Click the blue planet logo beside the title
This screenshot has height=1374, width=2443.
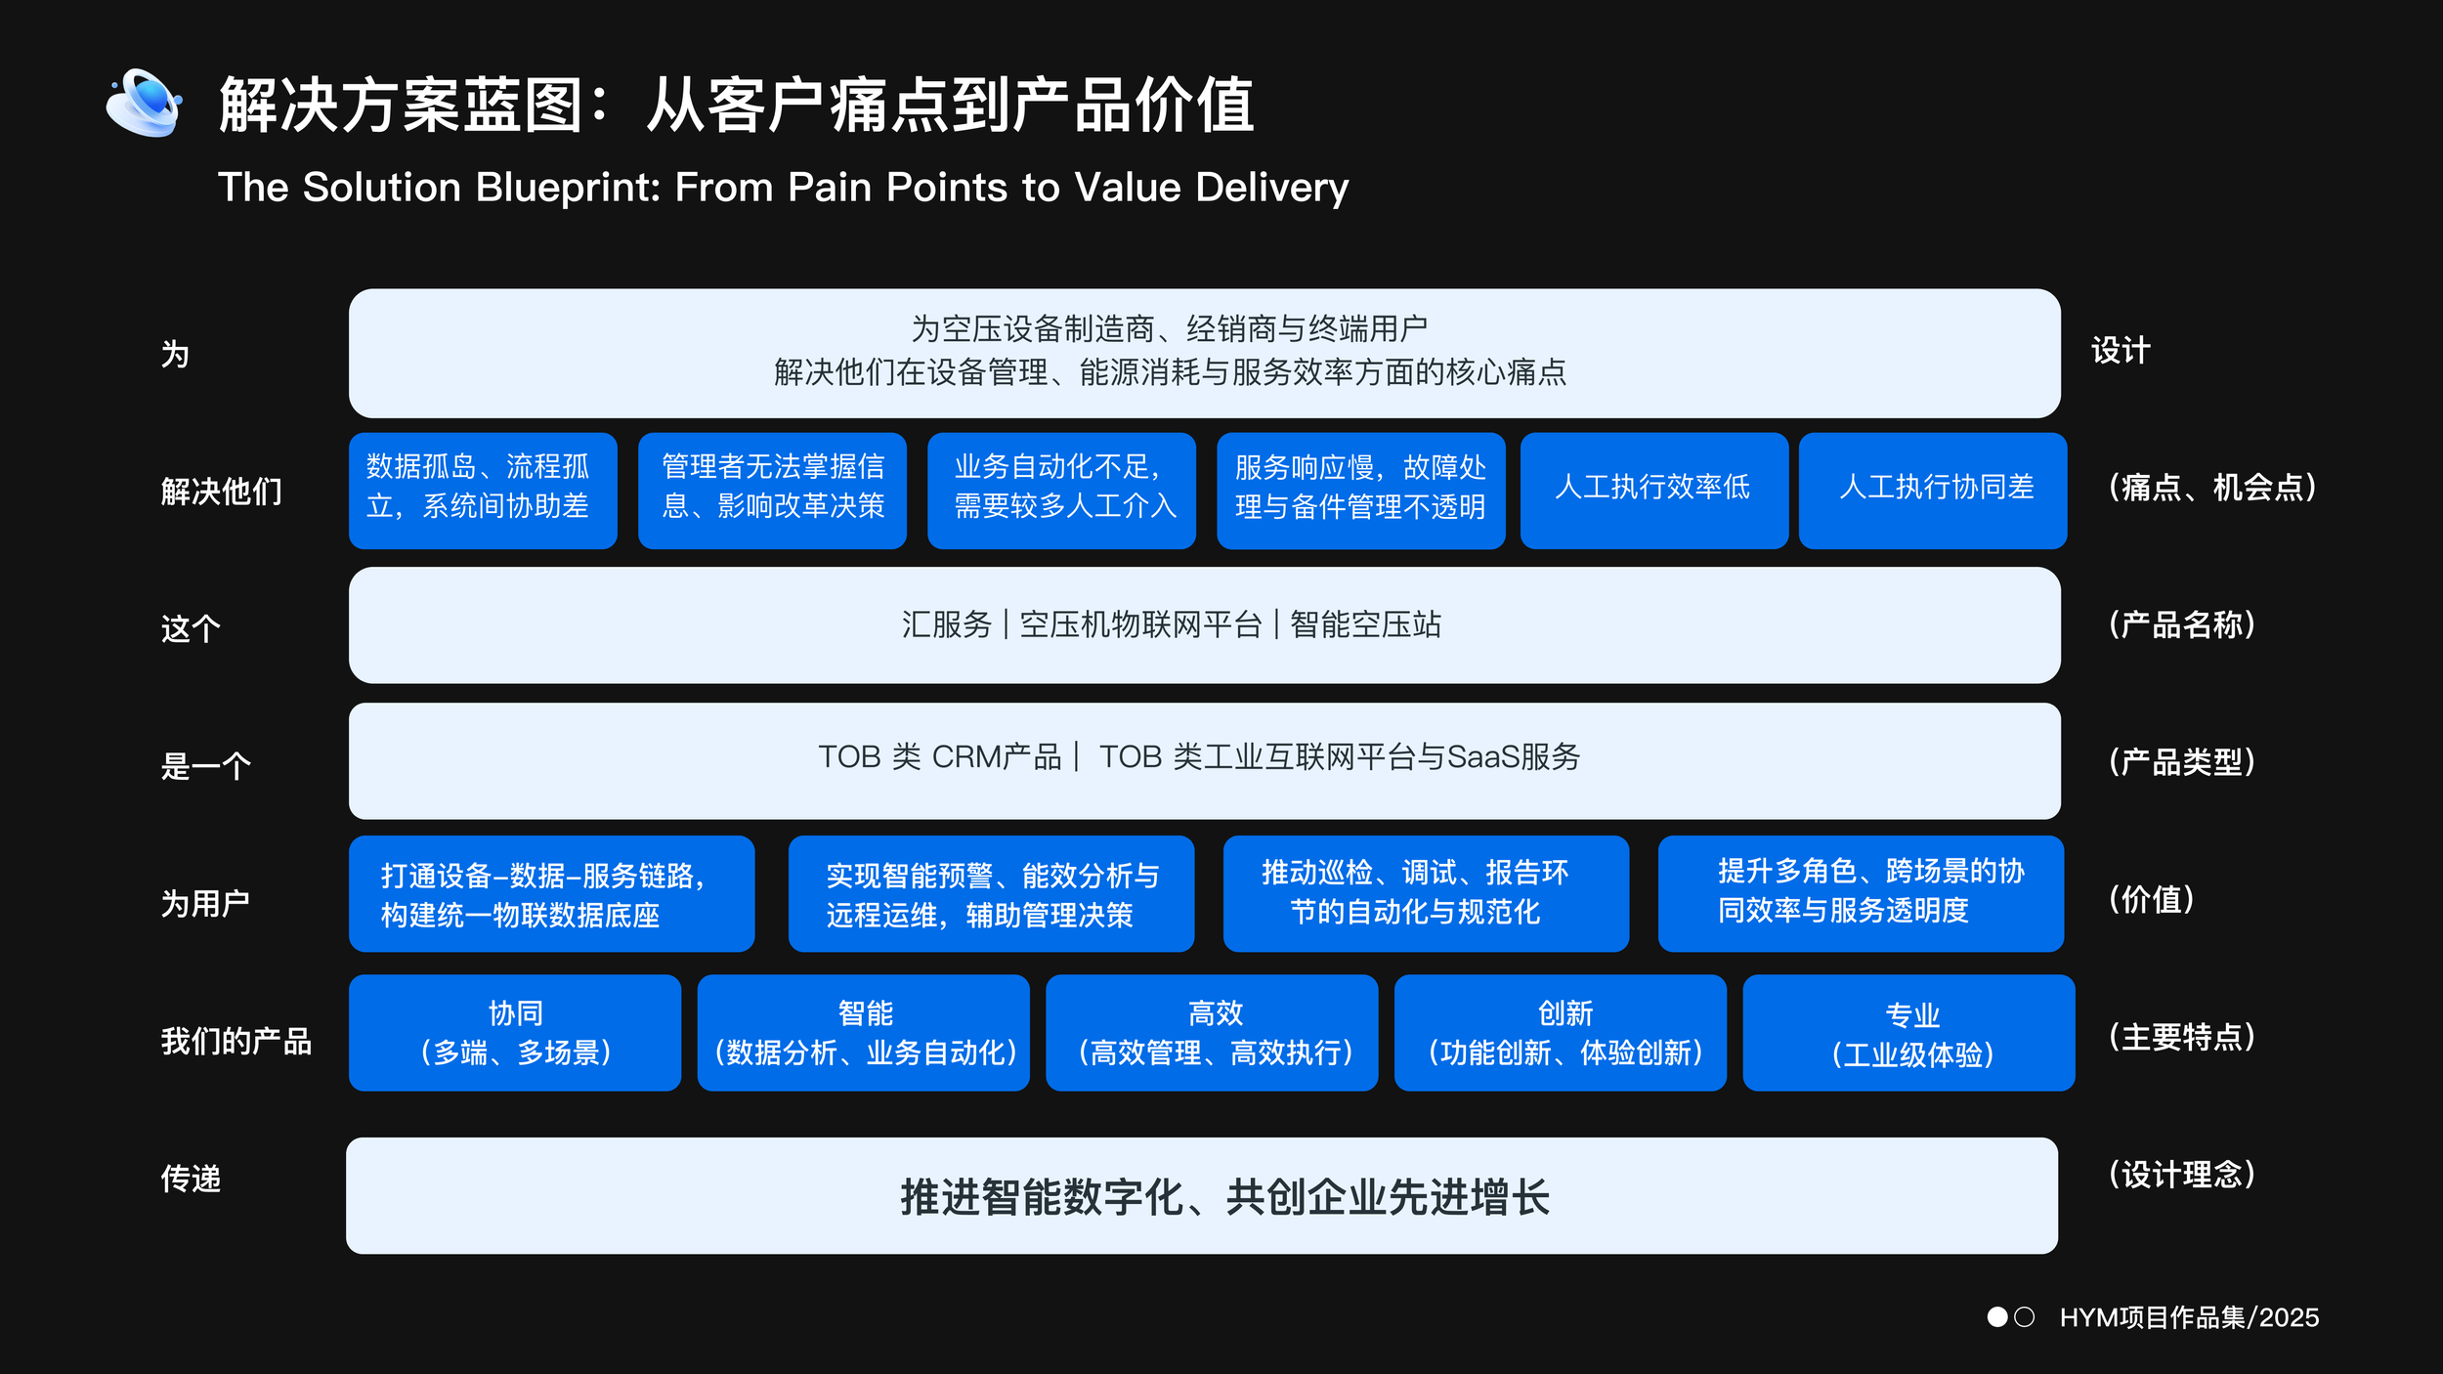point(144,103)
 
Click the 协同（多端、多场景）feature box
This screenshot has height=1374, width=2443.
point(515,1032)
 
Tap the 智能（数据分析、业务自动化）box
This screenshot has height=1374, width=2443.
point(863,1032)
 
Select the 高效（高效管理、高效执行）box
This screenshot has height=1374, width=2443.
point(1212,1032)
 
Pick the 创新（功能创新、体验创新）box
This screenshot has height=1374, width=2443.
point(1560,1032)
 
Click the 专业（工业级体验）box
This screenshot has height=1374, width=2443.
point(1908,1032)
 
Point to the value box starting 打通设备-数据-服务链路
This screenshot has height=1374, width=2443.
point(551,893)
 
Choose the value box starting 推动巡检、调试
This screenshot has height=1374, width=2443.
point(1426,893)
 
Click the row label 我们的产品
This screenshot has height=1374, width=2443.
point(236,1041)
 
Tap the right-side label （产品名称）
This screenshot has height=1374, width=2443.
point(2181,624)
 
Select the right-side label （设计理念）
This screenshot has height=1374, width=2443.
point(2181,1174)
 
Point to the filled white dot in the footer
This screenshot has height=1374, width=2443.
point(1997,1317)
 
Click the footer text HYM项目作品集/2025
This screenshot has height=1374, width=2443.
point(2189,1317)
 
